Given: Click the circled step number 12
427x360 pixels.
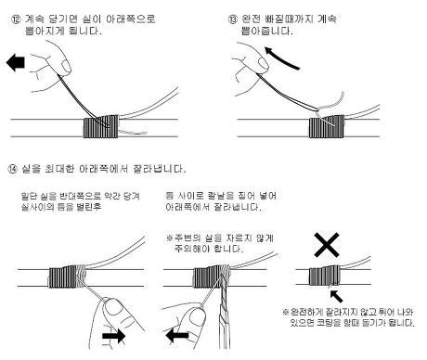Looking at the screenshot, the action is (x=16, y=19).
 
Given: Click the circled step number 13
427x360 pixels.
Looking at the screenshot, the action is (x=232, y=19).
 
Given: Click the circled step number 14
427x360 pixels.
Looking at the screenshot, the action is (x=12, y=169).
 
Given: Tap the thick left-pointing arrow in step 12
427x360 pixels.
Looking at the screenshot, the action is (x=16, y=62).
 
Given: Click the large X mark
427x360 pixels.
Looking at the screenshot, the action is (x=327, y=245).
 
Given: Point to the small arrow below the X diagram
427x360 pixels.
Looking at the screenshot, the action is (x=336, y=296).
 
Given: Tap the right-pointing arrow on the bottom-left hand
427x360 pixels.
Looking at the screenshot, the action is (x=114, y=336).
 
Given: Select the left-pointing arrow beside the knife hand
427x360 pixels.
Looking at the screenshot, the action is (x=177, y=335).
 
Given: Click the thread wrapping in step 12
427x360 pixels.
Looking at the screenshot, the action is (x=101, y=126).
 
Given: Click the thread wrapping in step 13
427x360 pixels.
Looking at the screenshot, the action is (x=327, y=126).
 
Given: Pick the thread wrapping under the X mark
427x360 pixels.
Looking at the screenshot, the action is (x=325, y=276).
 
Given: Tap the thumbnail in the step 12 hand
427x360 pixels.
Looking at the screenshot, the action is (x=66, y=66).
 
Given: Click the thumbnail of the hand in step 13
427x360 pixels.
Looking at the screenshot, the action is (x=264, y=63).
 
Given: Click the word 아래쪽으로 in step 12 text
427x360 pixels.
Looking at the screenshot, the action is (x=131, y=19).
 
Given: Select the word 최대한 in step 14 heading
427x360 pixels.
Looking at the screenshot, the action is (x=59, y=169).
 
